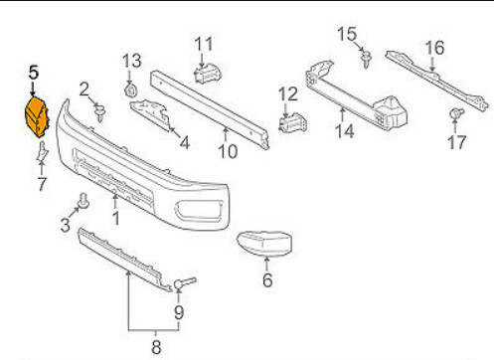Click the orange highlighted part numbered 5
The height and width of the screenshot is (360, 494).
tap(37, 116)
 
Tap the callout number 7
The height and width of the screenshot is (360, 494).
tap(42, 184)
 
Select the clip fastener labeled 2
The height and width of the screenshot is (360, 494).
tap(99, 112)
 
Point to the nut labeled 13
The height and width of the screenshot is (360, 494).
tap(130, 90)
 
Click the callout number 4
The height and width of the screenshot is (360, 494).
tap(185, 143)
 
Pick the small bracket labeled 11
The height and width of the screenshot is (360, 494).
tap(207, 74)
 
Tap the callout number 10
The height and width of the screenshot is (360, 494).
tap(228, 152)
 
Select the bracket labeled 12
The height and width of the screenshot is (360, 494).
tap(292, 122)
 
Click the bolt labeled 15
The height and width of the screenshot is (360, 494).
tap(366, 60)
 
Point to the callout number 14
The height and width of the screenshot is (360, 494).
tap(345, 131)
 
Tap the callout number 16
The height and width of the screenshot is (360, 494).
tap(434, 48)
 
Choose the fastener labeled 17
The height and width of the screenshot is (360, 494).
tap(456, 113)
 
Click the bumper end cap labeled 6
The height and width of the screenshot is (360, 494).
tap(264, 245)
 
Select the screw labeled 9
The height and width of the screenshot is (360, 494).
tap(185, 282)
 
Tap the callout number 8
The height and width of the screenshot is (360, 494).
tap(156, 347)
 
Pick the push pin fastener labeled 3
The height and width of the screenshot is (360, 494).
tap(82, 201)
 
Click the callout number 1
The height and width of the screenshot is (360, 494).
tap(115, 219)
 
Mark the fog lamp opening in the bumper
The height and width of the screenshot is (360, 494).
tap(198, 211)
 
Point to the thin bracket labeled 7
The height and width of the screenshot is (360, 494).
tap(42, 152)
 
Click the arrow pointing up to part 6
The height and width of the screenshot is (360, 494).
tap(266, 264)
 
